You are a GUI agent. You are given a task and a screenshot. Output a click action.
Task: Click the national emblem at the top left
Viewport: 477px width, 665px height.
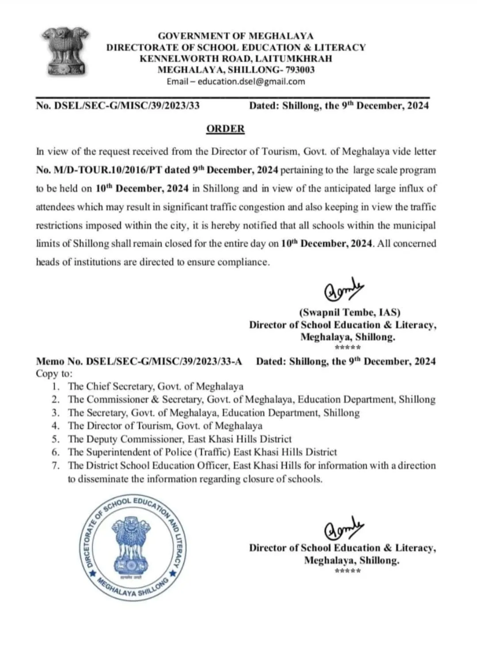coord(65,52)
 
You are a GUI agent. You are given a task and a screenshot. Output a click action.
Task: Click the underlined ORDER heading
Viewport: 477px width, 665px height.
coord(225,128)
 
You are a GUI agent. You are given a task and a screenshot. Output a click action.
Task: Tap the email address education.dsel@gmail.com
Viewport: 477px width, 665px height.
coord(251,81)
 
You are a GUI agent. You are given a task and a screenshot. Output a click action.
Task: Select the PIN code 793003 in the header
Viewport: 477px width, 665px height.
coord(300,69)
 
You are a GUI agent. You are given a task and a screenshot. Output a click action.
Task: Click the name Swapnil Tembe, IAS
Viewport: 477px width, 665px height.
coord(350,312)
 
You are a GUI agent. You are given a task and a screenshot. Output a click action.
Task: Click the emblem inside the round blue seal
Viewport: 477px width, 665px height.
coord(132,547)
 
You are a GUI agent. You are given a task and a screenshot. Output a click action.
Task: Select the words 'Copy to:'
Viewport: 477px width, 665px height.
coord(54,374)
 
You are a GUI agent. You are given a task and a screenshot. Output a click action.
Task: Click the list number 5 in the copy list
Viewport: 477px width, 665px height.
coord(55,439)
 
